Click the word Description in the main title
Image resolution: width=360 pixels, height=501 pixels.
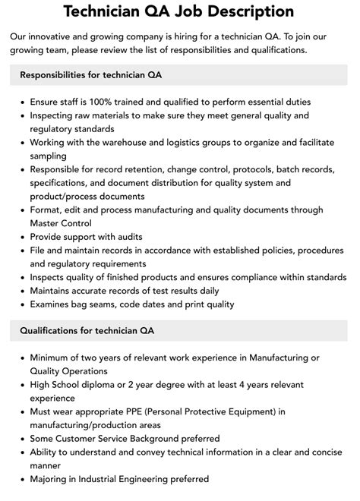[x=250, y=11]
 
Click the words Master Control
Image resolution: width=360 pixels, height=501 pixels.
[x=61, y=223]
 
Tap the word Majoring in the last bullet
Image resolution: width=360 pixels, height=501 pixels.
[x=52, y=479]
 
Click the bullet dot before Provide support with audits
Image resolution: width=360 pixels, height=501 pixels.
[x=21, y=237]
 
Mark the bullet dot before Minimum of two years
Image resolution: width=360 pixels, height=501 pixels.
[x=21, y=357]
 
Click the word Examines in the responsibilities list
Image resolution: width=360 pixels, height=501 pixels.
[x=52, y=304]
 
